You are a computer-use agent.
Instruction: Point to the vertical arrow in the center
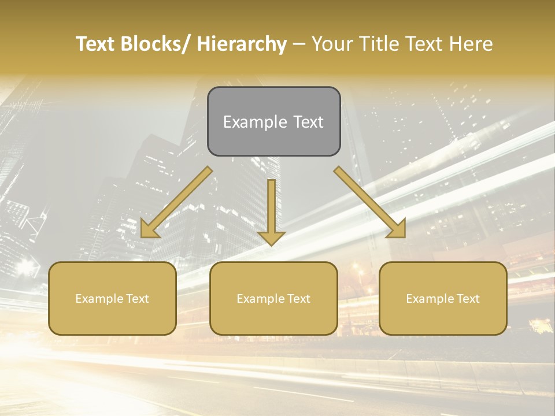(271, 211)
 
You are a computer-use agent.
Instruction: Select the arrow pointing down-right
(370, 202)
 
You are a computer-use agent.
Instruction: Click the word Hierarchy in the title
(242, 44)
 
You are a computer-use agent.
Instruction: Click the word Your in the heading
(331, 44)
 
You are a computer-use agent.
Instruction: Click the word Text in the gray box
(308, 122)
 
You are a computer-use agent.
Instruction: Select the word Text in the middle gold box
(297, 299)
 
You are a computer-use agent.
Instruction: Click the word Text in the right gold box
(466, 299)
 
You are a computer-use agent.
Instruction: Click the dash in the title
(299, 44)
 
